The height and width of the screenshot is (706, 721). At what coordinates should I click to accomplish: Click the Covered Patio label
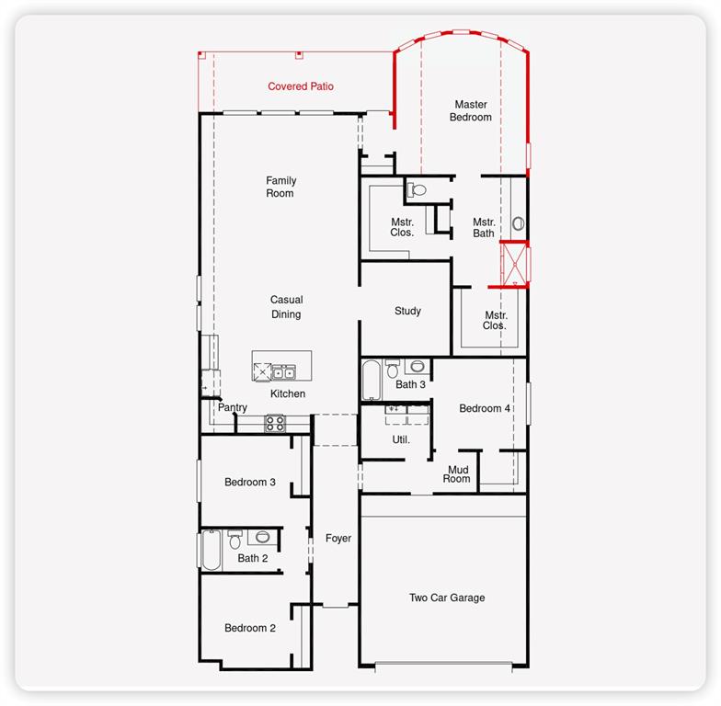point(301,86)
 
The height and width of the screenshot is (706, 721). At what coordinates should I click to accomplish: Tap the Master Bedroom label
point(471,110)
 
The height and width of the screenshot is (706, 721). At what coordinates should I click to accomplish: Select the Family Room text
point(281,187)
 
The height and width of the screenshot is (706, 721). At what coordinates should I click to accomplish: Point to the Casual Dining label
point(286,307)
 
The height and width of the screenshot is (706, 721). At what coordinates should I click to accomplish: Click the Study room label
point(407,311)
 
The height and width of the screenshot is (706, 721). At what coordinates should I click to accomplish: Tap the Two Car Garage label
point(447,598)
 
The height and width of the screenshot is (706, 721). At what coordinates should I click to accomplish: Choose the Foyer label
point(338,539)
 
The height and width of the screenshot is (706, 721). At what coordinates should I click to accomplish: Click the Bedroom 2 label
point(250,628)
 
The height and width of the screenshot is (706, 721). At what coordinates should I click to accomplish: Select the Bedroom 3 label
point(250,482)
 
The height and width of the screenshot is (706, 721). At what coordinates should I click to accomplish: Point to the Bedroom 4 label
point(485,408)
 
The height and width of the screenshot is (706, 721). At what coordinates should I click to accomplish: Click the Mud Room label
point(456,474)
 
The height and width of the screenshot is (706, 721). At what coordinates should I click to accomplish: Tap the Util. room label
point(401,439)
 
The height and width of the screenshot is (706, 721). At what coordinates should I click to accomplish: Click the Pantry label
point(232,407)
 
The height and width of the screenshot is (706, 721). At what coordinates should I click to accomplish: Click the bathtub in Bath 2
point(212,550)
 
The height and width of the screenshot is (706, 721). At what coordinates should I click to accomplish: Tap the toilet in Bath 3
point(392,369)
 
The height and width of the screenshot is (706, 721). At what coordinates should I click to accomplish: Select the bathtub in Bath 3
point(372,380)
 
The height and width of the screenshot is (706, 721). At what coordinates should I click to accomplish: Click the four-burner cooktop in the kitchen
point(274,423)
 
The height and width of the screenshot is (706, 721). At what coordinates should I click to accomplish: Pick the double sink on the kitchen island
point(283,371)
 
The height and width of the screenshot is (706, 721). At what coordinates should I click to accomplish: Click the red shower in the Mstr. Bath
point(515,265)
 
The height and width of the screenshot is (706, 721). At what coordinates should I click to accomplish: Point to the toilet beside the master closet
point(418,189)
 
